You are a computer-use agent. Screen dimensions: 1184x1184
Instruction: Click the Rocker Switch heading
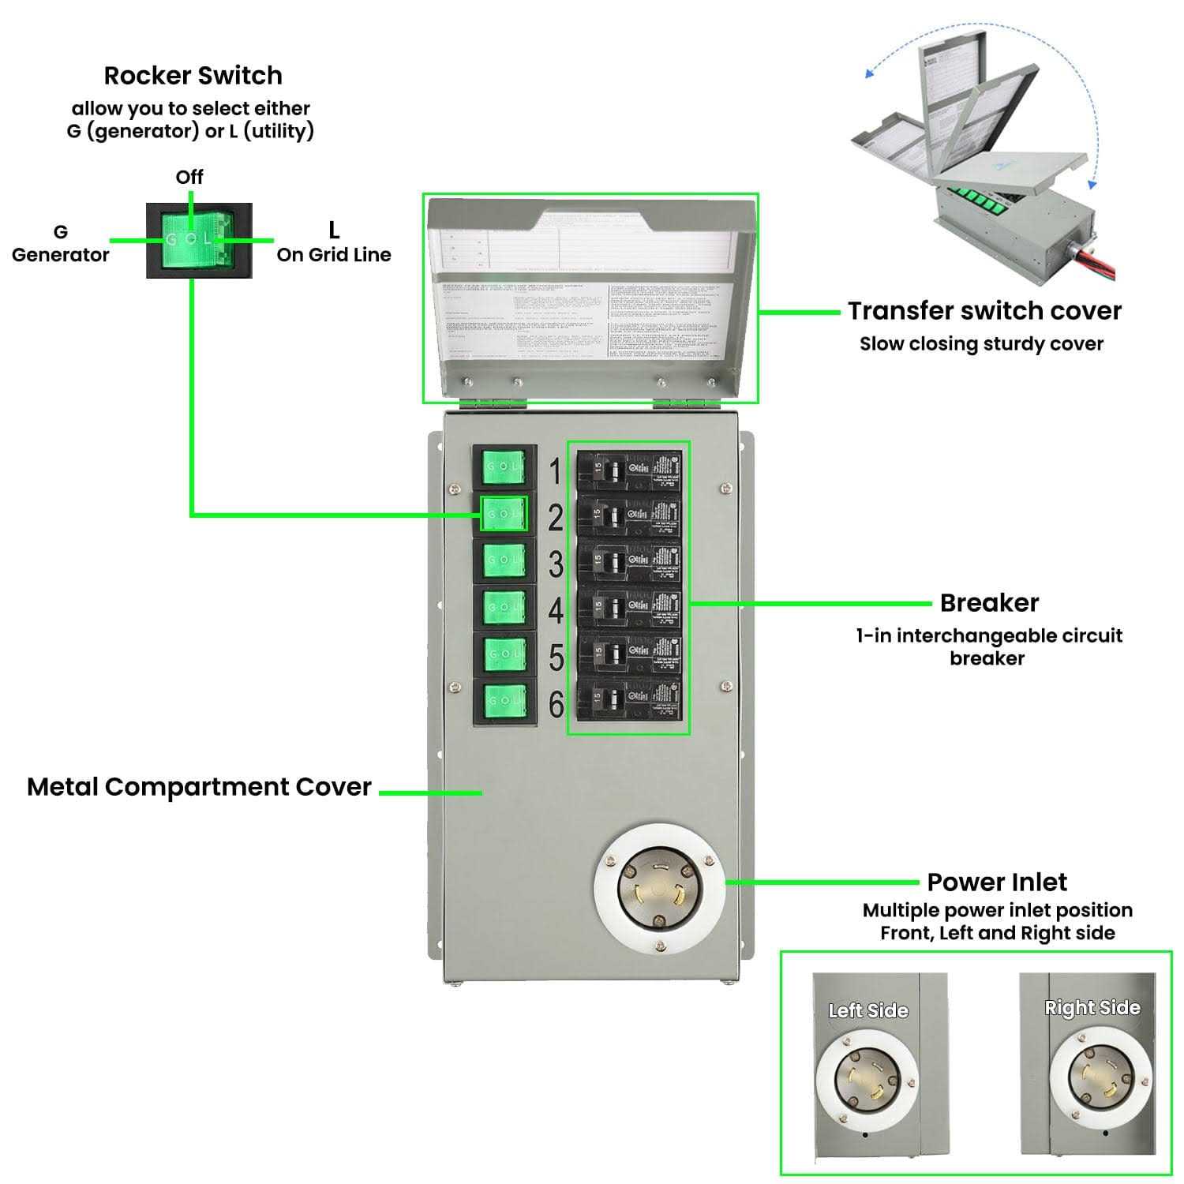pos(193,76)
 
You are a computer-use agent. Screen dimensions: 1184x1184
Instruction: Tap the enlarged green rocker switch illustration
pos(199,240)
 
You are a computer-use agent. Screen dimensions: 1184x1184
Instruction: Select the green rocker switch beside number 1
pos(504,467)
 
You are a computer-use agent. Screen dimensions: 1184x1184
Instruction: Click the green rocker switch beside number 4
pos(504,607)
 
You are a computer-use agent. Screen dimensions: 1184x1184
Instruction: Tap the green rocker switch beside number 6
pos(504,700)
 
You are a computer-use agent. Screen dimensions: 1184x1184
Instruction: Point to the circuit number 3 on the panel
pos(556,565)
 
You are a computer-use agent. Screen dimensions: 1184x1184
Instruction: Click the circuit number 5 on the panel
pos(556,658)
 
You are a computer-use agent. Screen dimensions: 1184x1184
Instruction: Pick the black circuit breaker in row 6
pos(628,699)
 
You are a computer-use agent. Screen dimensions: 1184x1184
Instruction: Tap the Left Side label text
pos(868,1010)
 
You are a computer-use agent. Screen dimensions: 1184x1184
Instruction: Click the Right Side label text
pos(1092,1008)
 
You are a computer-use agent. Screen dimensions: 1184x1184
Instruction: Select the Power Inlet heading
pos(997,882)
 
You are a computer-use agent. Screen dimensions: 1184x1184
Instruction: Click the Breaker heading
pos(989,603)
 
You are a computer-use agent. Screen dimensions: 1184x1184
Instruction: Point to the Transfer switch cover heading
pos(984,311)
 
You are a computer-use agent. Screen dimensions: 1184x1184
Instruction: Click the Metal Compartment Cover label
pos(199,787)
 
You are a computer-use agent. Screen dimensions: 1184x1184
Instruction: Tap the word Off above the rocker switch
pos(189,177)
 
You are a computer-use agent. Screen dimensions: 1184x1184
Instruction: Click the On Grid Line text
pos(334,255)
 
